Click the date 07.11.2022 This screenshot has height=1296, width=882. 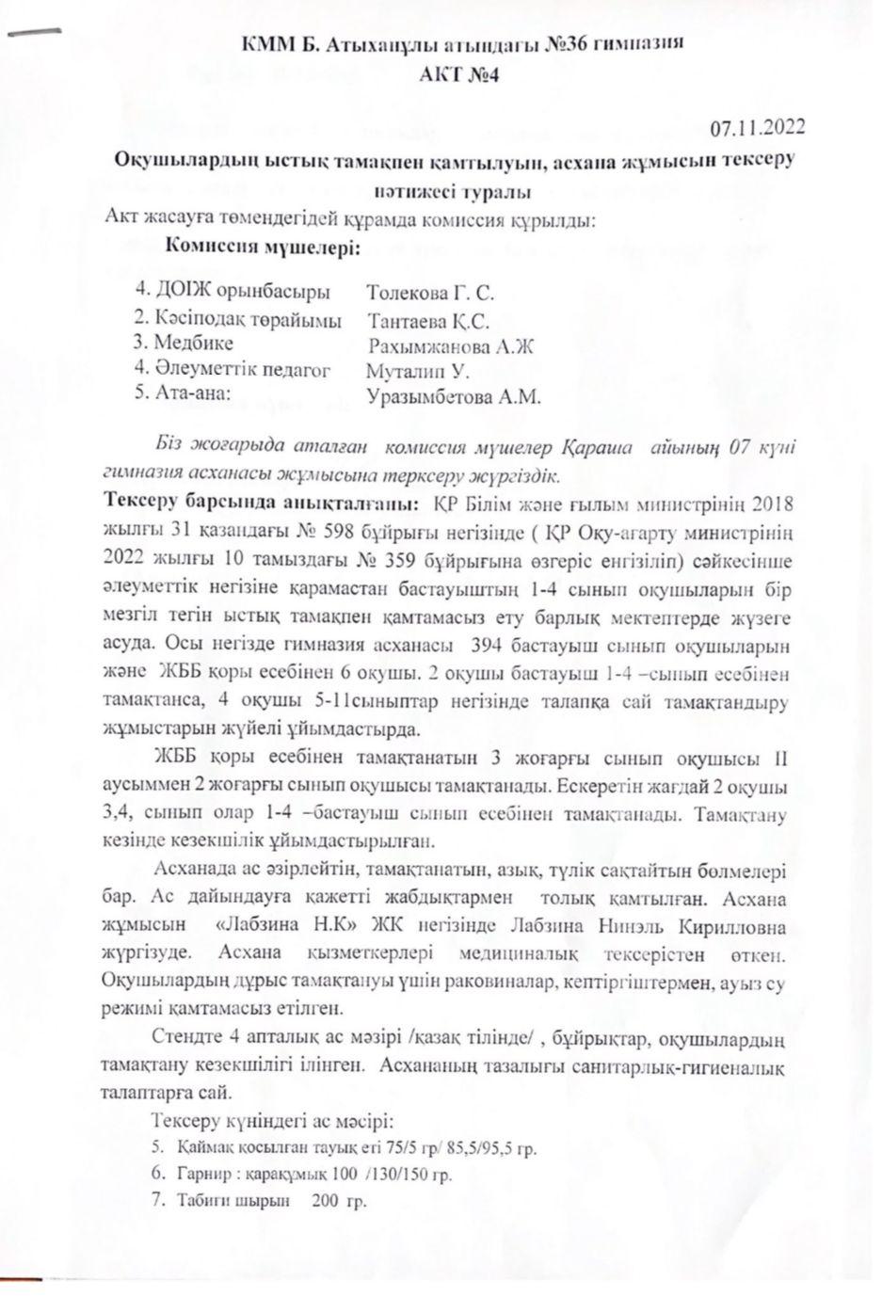[x=757, y=127]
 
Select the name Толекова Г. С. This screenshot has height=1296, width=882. [x=429, y=291]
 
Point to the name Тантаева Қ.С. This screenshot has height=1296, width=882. [x=429, y=319]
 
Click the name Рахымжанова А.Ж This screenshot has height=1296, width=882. [x=452, y=345]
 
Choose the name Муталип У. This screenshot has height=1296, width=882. [x=417, y=371]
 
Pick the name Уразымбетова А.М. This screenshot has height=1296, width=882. [x=454, y=397]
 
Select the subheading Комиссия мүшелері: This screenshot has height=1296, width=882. [x=262, y=248]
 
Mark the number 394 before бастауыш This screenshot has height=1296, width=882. [x=478, y=648]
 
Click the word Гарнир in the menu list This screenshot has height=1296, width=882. [x=199, y=1175]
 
